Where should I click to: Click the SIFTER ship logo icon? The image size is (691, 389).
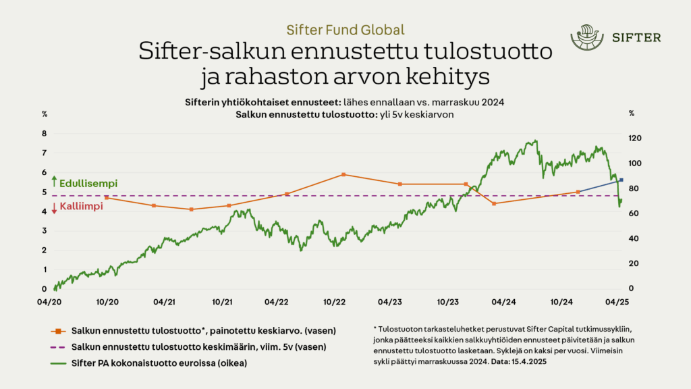pyautogui.click(x=584, y=37)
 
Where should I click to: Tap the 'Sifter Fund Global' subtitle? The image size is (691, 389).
pyautogui.click(x=345, y=30)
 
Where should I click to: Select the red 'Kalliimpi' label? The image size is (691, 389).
pyautogui.click(x=81, y=207)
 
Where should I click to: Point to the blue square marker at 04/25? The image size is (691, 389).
pyautogui.click(x=621, y=180)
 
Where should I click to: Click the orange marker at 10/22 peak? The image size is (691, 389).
pyautogui.click(x=343, y=174)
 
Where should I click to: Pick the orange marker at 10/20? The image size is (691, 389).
pyautogui.click(x=107, y=197)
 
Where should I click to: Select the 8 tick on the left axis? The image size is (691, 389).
pyautogui.click(x=45, y=134)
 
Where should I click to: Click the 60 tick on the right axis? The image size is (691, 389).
pyautogui.click(x=634, y=213)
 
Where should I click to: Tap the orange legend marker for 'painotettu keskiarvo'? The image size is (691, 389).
pyautogui.click(x=59, y=331)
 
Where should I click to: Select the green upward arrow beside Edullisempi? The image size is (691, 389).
pyautogui.click(x=54, y=182)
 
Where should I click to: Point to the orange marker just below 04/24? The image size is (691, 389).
pyautogui.click(x=495, y=203)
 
